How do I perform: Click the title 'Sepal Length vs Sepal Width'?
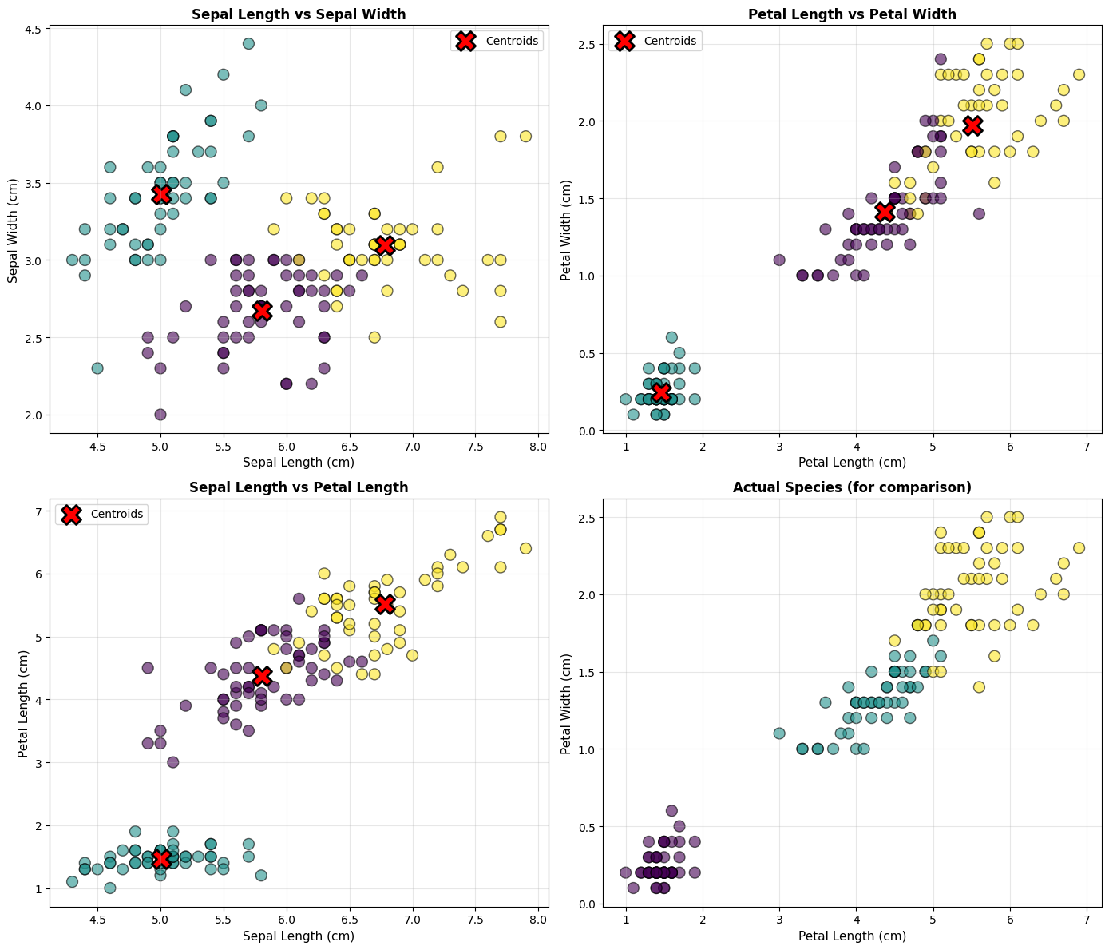coord(299,14)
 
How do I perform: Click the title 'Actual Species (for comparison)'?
coord(852,487)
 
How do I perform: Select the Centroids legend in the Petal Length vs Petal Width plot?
coord(655,41)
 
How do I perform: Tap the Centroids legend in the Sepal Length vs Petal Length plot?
coord(102,514)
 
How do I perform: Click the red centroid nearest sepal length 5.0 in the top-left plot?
coord(161,194)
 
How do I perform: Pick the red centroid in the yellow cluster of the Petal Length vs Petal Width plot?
coord(972,125)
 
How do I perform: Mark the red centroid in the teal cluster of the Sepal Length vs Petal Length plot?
coord(161,858)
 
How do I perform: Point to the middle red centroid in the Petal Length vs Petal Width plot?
coord(884,212)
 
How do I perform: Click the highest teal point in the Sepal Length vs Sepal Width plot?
coord(248,43)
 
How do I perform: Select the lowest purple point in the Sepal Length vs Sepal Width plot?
coord(160,414)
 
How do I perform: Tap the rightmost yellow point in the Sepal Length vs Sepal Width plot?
coord(525,136)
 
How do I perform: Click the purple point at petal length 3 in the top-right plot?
coord(779,260)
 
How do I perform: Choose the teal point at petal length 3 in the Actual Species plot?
coord(779,733)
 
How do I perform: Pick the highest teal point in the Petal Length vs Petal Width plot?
coord(671,337)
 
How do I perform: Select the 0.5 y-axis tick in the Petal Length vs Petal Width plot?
coord(588,353)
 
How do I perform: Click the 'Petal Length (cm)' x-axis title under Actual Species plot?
coord(852,936)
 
